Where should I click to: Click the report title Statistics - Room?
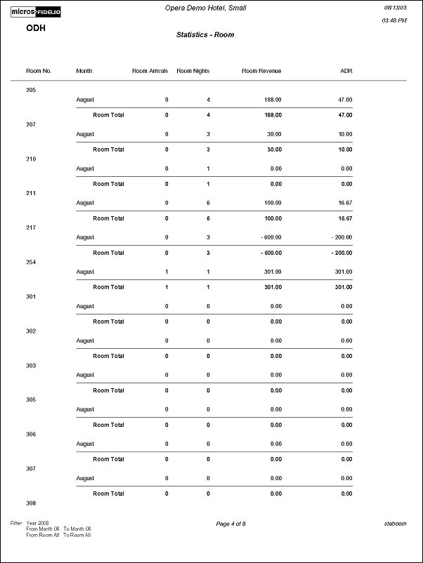(205, 34)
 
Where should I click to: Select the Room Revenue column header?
(261, 71)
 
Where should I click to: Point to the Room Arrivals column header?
(150, 71)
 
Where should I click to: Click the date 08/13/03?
(394, 7)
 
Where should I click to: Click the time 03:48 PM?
(394, 21)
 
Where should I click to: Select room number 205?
(31, 90)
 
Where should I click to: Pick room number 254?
(31, 262)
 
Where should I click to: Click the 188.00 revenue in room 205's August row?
(273, 100)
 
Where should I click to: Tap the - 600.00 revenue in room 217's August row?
(269, 237)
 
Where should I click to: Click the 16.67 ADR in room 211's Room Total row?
(344, 218)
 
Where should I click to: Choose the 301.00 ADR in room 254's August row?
(343, 272)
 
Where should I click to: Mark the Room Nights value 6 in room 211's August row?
(208, 203)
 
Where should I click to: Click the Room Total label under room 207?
(108, 150)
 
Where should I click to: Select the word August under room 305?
(85, 409)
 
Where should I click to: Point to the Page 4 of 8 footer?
(230, 524)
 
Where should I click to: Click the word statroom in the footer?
(395, 524)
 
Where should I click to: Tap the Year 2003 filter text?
(38, 523)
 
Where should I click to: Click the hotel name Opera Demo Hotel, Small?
(205, 7)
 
